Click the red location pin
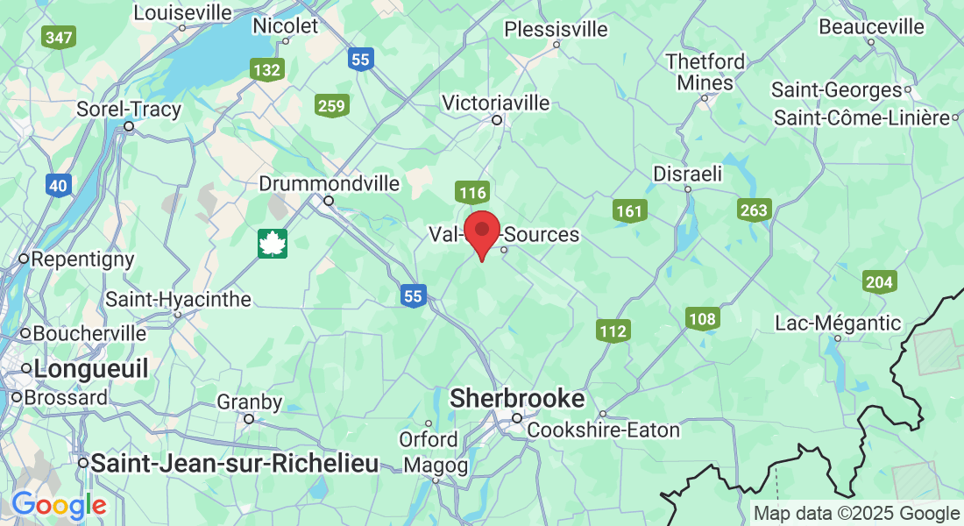click(481, 232)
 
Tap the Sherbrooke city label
click(516, 399)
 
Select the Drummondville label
click(330, 184)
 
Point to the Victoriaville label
click(496, 103)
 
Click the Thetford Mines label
click(705, 72)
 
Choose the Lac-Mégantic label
click(838, 323)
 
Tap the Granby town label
click(250, 402)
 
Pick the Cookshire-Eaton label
click(603, 430)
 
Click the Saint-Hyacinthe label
click(178, 299)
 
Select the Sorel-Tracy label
click(129, 110)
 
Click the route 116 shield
click(471, 193)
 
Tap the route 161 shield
click(629, 210)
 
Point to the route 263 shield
click(754, 210)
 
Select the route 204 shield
click(879, 282)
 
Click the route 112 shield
click(613, 331)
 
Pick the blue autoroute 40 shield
click(59, 185)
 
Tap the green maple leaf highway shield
click(273, 244)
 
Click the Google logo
click(59, 505)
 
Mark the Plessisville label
click(556, 29)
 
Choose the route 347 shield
click(59, 37)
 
